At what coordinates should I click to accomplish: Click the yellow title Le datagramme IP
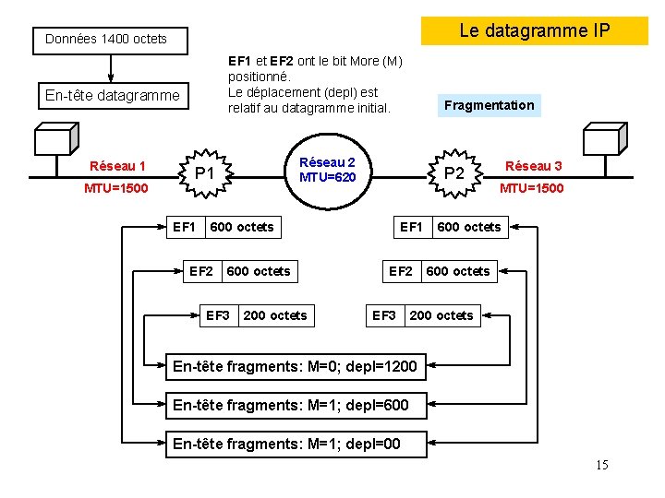535,30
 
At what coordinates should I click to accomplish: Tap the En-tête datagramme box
113,96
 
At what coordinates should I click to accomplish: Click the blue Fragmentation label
489,105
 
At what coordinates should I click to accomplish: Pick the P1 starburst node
205,172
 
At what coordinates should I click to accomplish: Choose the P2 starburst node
454,172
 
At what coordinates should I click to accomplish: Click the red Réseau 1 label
117,166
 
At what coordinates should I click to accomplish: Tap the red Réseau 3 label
533,166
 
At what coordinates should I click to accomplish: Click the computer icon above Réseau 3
604,140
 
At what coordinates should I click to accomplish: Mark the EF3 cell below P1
218,315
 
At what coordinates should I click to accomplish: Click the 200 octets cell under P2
441,315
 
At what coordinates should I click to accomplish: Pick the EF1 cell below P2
411,227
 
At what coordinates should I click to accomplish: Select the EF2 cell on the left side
201,271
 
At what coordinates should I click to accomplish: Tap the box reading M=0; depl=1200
295,368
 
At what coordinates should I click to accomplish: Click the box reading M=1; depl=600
290,406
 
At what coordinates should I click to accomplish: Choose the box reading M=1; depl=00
286,444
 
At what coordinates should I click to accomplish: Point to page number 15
601,465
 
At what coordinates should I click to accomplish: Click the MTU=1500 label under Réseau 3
531,188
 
